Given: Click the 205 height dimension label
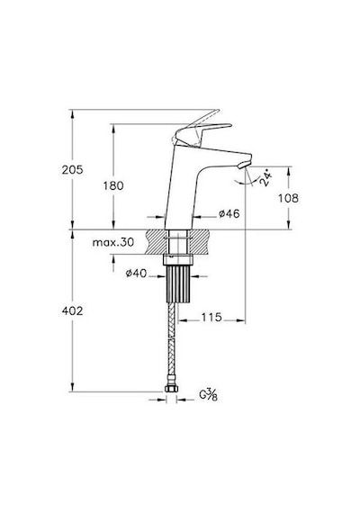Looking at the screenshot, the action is click(x=73, y=170).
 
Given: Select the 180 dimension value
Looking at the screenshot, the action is click(x=113, y=185).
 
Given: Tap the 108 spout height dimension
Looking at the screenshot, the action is click(x=288, y=198).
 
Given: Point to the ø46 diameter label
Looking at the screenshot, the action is click(x=229, y=213).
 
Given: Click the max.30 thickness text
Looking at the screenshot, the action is click(x=113, y=242).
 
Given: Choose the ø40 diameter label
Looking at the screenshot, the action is click(x=136, y=273).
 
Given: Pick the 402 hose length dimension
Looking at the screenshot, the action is click(x=72, y=310).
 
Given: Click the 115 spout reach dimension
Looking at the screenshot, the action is click(x=211, y=317).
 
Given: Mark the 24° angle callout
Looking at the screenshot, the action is click(x=265, y=177).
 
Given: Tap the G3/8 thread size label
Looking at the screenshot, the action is click(x=209, y=395).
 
